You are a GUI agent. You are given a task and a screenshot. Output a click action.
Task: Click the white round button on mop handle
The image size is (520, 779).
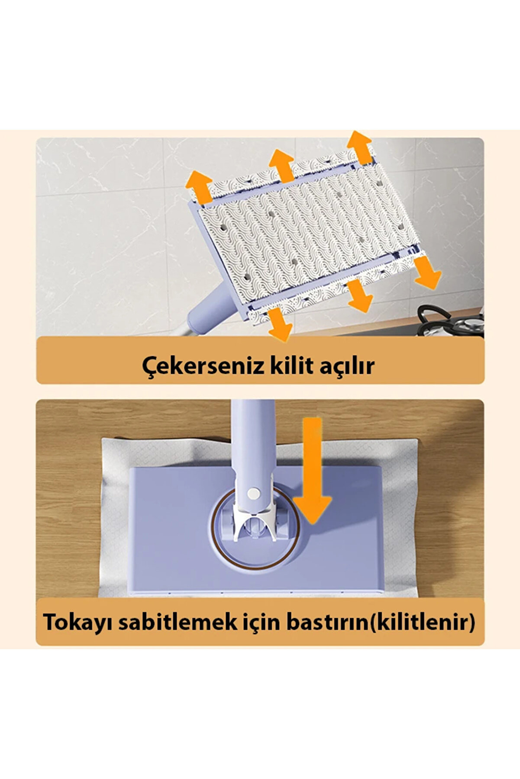pos(253,493)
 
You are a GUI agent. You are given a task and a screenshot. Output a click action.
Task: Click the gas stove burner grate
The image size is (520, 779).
pos(450,320)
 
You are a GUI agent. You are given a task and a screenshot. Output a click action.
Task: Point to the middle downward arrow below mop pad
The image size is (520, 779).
pos(359,296)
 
